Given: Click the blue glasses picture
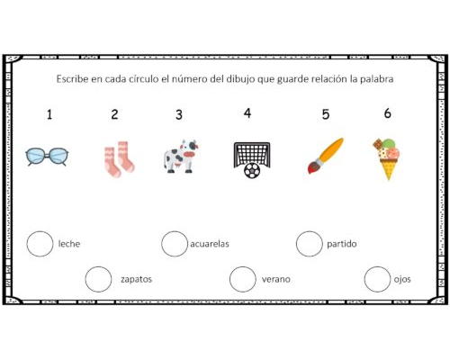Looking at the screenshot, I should [x=48, y=157].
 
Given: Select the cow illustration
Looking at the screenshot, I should [x=180, y=156].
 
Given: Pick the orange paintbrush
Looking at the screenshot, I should [x=325, y=155].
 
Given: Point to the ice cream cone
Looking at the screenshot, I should [x=387, y=157].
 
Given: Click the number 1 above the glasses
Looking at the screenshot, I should [x=49, y=114].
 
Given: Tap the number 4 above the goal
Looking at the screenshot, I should [x=247, y=113].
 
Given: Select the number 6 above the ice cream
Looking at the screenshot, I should [x=387, y=113].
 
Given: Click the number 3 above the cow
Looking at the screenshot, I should [x=179, y=115].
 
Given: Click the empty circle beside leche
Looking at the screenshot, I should [x=40, y=244].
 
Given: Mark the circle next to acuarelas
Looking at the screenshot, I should [x=175, y=244].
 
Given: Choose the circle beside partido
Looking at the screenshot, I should [x=309, y=244].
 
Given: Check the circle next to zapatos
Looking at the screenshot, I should [x=98, y=279].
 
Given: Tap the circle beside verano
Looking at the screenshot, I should [x=242, y=279].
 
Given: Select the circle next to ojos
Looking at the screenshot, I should [x=377, y=279].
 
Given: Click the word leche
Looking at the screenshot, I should [x=68, y=244].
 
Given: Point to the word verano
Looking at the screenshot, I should [x=275, y=279].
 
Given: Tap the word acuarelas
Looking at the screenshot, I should [x=210, y=244].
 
